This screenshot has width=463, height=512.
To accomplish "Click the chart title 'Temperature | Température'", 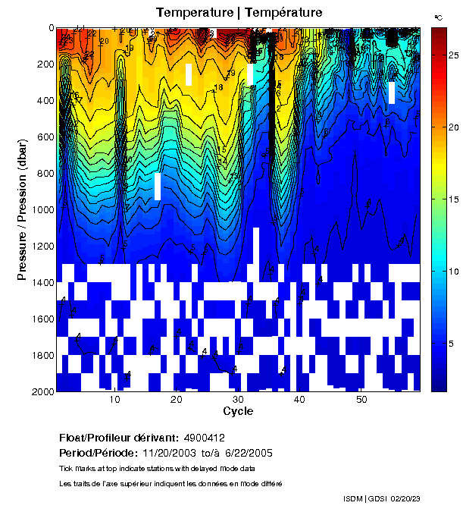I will pyautogui.click(x=239, y=12).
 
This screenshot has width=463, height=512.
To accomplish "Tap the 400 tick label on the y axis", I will pyautogui.click(x=45, y=100).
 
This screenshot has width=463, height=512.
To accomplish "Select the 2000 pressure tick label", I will pyautogui.click(x=43, y=391).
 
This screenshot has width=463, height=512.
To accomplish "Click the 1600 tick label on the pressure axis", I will pyautogui.click(x=43, y=319).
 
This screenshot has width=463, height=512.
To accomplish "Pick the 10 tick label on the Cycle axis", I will pyautogui.click(x=115, y=400).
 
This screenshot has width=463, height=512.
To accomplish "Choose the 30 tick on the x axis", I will pyautogui.click(x=239, y=400).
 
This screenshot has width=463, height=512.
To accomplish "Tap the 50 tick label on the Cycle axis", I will pyautogui.click(x=362, y=400).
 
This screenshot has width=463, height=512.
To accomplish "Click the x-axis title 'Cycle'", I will pyautogui.click(x=239, y=411).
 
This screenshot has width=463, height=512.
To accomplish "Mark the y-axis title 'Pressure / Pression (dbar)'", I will pyautogui.click(x=23, y=209).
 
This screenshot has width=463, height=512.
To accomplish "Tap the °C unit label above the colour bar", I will pyautogui.click(x=439, y=17).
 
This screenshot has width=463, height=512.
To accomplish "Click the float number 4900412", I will pyautogui.click(x=204, y=438).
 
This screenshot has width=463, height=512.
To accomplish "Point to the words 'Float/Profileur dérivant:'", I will pyautogui.click(x=119, y=438).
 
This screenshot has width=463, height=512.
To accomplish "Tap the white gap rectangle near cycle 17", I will pyautogui.click(x=158, y=186).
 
